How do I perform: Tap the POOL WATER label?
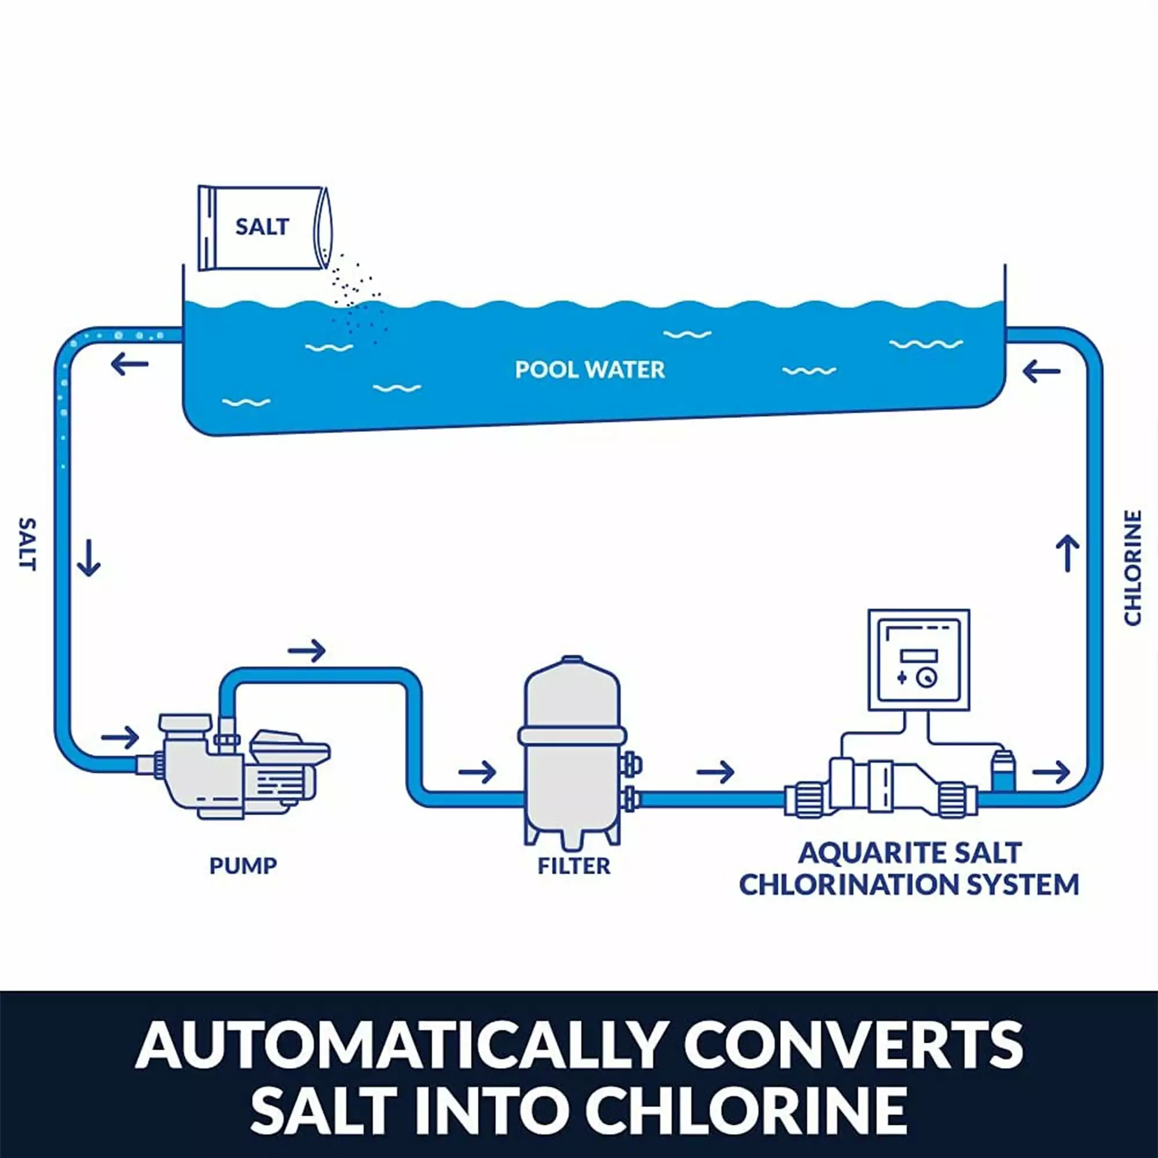point(590,370)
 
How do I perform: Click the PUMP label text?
point(243,866)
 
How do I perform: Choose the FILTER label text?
point(574,866)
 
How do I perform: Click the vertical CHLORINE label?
point(1131,567)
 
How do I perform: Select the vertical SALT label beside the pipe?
point(28,544)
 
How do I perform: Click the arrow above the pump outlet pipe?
point(307,650)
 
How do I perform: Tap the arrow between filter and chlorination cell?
point(715,772)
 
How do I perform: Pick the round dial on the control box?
point(926,678)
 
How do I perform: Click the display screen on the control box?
point(919,655)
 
